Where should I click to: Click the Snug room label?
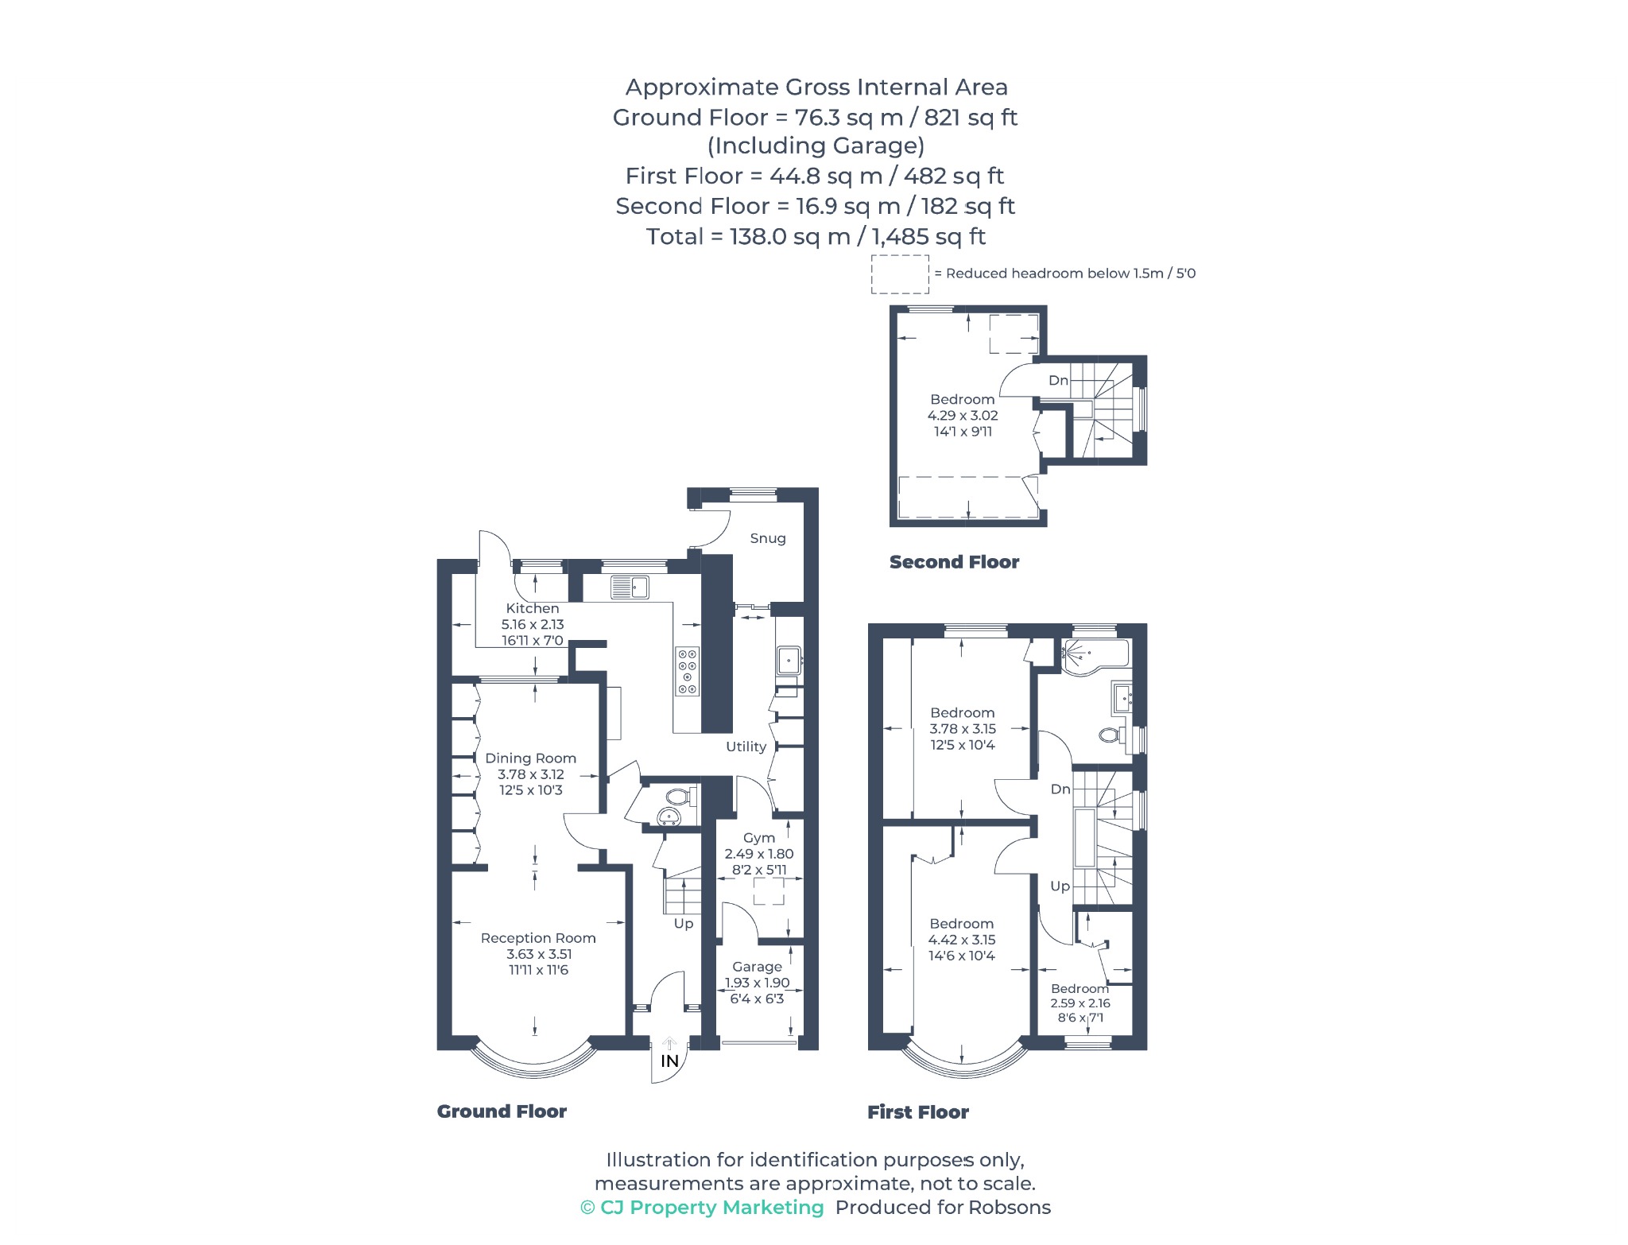(x=768, y=538)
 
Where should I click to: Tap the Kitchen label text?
(x=533, y=608)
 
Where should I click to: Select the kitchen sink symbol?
(x=630, y=587)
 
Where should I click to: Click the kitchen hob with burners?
(x=688, y=672)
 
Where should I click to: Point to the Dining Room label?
(x=531, y=758)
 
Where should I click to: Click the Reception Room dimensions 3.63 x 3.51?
(x=539, y=954)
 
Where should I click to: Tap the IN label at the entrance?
(x=670, y=1061)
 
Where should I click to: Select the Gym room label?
(x=759, y=838)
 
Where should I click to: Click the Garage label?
(x=758, y=967)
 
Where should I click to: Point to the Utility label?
(x=746, y=747)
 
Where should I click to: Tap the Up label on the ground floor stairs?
(x=684, y=924)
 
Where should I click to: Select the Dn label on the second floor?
(x=1058, y=381)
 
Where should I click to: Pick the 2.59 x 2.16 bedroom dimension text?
(x=1080, y=1003)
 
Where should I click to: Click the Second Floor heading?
(x=954, y=562)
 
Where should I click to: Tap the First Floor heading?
(x=918, y=1112)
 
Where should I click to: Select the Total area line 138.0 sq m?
(x=816, y=237)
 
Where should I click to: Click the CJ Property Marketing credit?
(x=703, y=1208)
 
